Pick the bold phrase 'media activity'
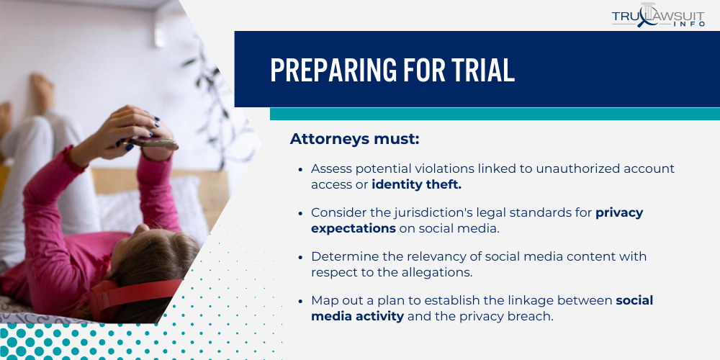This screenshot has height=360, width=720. click(x=357, y=317)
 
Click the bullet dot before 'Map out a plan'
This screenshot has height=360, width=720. click(x=300, y=302)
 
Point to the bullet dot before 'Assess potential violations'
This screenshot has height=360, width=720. click(x=300, y=169)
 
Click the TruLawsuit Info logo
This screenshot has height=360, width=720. click(x=657, y=17)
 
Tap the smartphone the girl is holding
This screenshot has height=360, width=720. click(x=155, y=143)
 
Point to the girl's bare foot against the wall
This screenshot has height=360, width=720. click(x=43, y=90)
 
